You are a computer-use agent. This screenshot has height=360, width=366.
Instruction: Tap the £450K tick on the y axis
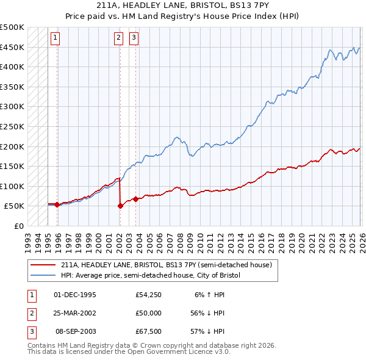pos(12,47)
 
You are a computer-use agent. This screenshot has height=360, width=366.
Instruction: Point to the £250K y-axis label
pos(12,126)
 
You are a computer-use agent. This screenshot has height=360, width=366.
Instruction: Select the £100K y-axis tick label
pos(12,186)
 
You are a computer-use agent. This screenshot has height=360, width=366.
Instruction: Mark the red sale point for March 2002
pos(120,206)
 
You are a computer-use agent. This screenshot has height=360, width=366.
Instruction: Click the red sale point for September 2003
pos(135,198)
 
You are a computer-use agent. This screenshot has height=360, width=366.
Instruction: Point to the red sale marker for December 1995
pos(57,204)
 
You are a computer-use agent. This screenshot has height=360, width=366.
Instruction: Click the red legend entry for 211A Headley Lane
pos(170,265)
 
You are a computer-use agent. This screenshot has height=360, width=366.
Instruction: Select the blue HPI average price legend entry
pos(151,276)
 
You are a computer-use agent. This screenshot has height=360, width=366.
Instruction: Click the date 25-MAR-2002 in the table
pos(75,313)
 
